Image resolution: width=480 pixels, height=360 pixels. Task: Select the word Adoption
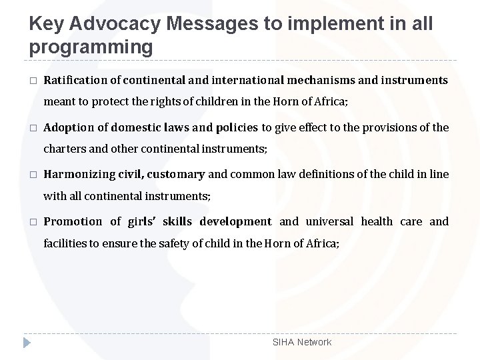click(x=67, y=127)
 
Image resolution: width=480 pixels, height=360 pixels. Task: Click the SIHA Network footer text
click(x=302, y=342)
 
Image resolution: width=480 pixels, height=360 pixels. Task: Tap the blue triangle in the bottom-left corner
click(x=26, y=343)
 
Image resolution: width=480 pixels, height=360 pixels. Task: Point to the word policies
click(x=237, y=127)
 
